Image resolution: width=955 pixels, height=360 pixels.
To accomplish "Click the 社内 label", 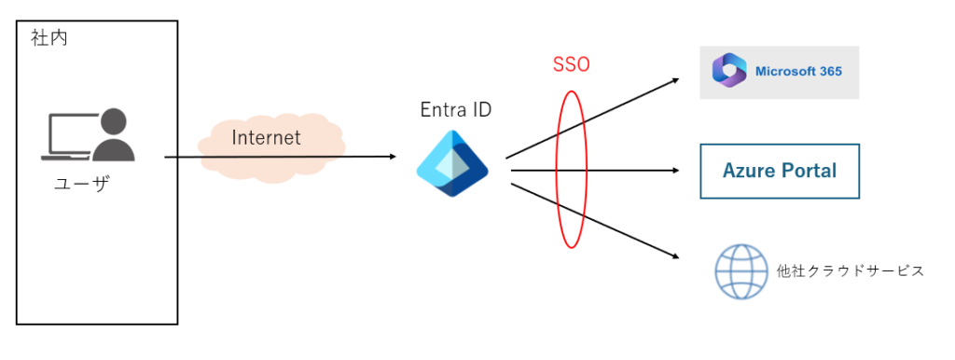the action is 48,39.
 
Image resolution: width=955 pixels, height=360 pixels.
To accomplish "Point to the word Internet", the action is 266,138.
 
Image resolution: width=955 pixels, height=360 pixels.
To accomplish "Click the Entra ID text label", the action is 456,110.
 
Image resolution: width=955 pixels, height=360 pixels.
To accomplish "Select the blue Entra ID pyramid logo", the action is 452,163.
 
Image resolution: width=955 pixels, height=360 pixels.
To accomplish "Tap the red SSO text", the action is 571,65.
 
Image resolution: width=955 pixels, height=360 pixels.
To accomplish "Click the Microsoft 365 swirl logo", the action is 729,72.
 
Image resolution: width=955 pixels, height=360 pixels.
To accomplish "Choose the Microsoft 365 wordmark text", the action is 798,72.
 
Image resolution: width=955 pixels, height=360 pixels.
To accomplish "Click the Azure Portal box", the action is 780,172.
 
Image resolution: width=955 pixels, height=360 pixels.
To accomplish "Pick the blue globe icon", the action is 741,271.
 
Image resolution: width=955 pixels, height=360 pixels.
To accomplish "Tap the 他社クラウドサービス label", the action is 851,270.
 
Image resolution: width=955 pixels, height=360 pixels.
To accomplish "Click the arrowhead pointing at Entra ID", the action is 393,158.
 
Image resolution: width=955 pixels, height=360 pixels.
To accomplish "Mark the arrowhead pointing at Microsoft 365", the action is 675,79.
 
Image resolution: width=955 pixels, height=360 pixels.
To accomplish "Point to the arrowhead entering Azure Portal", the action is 675,171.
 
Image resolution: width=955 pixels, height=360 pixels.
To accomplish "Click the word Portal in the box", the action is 809,171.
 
